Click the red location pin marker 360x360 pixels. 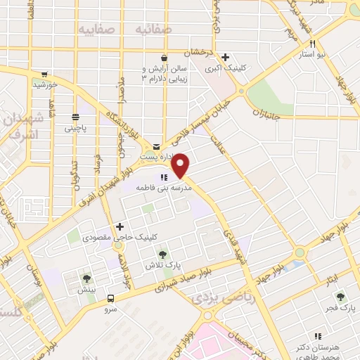point(181,165)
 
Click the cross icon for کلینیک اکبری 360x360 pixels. point(225,58)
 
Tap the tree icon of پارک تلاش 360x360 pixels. point(162,253)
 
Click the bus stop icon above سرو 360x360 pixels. point(111,298)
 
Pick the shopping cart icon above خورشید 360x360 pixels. point(44,73)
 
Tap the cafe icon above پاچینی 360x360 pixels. point(75,117)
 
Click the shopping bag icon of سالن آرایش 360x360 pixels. point(164,58)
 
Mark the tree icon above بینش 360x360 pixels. point(87,278)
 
